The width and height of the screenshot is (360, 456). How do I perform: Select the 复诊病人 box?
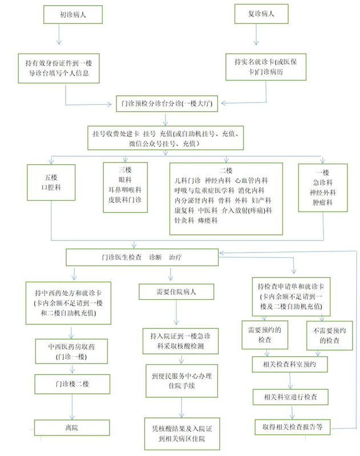(259, 14)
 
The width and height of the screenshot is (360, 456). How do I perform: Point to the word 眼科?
(125, 180)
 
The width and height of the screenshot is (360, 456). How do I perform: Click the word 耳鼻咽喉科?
(125, 190)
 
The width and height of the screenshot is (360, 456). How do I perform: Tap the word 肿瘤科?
(322, 203)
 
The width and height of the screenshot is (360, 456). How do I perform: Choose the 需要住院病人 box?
(176, 292)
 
